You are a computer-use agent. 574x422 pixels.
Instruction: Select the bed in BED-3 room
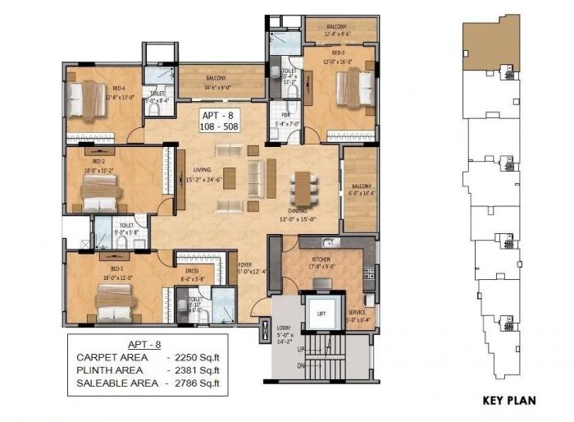point(353,87)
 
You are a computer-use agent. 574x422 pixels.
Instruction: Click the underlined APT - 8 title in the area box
point(143,344)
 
